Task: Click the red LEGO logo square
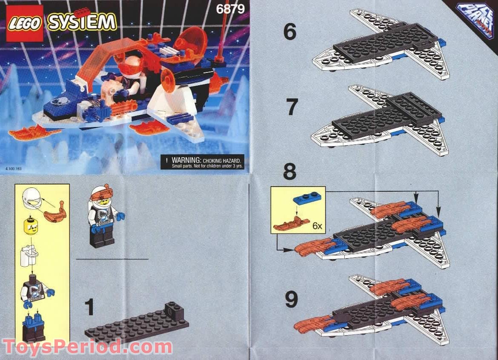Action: click(x=25, y=23)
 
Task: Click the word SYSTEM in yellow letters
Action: click(x=82, y=22)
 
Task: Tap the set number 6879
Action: click(x=230, y=9)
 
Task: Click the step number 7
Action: click(x=291, y=107)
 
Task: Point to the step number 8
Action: click(x=289, y=173)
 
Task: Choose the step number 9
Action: click(x=291, y=300)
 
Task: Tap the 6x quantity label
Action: click(x=317, y=226)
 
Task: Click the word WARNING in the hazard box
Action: click(x=186, y=158)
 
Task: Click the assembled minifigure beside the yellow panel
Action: click(x=104, y=217)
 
